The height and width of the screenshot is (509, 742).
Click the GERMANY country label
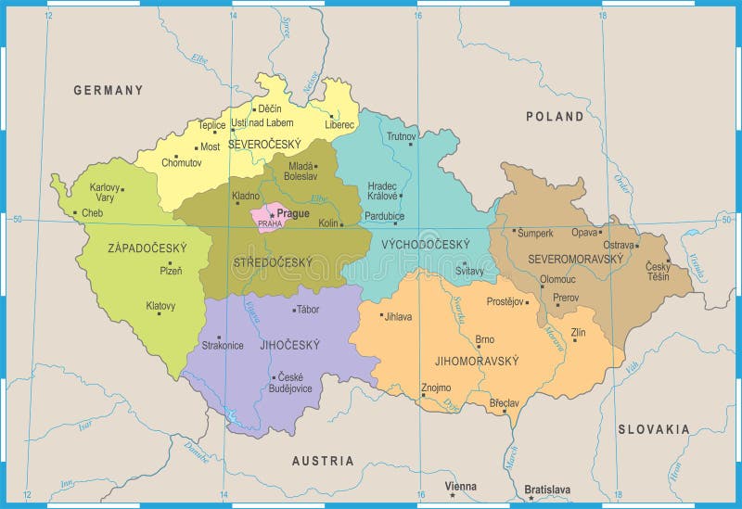[109, 90]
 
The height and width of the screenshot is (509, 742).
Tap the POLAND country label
[555, 116]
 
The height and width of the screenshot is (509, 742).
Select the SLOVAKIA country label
[654, 429]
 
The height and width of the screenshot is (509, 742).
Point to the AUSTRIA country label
[323, 461]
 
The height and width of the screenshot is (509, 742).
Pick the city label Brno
[484, 339]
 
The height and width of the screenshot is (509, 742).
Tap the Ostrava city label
[620, 245]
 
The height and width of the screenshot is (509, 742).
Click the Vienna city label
[461, 486]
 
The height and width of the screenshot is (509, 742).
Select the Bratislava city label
[547, 489]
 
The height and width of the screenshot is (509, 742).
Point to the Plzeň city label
[170, 271]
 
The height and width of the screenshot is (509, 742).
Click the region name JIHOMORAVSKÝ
[476, 361]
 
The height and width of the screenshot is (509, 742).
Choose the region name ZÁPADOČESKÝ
[148, 248]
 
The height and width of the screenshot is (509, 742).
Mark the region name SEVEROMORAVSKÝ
[575, 259]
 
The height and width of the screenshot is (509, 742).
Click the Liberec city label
[339, 124]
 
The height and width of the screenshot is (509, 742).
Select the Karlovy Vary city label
[105, 192]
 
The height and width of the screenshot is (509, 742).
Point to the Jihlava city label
[399, 316]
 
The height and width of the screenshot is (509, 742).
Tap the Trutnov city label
[402, 136]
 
